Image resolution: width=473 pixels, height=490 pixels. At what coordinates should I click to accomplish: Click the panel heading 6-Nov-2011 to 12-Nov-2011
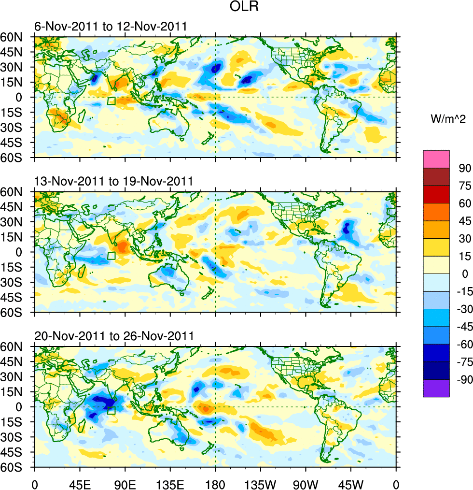(x=110, y=26)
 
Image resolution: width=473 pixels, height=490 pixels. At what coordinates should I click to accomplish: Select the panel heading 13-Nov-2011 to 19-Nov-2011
(x=113, y=181)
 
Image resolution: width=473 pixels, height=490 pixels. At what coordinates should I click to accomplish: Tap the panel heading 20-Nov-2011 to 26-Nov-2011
(x=113, y=336)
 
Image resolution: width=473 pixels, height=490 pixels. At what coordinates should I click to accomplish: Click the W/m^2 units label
(x=448, y=119)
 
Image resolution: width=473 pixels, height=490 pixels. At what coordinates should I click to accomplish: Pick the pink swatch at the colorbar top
(x=436, y=159)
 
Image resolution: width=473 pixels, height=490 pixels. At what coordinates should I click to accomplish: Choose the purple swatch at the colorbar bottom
(x=436, y=389)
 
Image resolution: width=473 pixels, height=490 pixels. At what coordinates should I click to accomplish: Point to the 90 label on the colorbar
(x=464, y=168)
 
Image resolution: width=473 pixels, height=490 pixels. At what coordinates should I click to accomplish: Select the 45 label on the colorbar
(x=464, y=221)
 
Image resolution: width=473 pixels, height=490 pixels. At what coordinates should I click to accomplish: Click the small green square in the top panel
(x=111, y=101)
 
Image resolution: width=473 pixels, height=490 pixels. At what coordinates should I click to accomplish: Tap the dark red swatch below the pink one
(x=436, y=176)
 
